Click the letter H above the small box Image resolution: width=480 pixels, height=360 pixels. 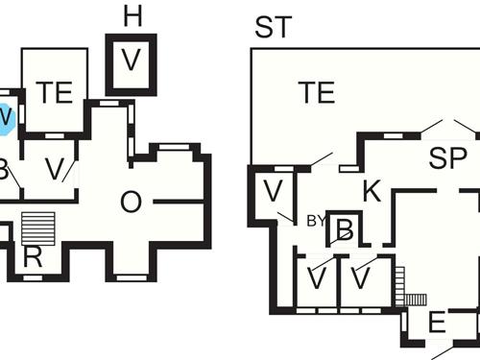pos(132,15)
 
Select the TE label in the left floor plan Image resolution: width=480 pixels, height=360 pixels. pos(55,92)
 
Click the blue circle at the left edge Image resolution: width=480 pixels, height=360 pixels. pos(5,117)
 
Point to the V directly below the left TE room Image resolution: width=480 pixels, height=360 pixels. pos(56,169)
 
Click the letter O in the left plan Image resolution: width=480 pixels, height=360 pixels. pos(131,202)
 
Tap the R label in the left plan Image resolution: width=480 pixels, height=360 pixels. pos(33,256)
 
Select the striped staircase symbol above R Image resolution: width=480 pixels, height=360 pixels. pos(37,228)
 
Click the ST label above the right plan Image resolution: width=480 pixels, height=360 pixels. pos(271,28)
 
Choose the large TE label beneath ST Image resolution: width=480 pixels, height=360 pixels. pos(316,92)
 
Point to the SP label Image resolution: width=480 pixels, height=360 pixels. pos(446,158)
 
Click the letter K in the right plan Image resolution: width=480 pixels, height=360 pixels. pos(372,191)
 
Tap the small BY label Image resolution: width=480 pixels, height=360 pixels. pos(315,220)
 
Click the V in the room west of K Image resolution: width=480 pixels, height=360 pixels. pos(273,190)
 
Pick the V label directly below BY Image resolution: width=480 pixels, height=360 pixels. pos(316,278)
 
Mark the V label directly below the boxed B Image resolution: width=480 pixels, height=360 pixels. pos(360,278)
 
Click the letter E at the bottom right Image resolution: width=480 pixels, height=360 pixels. pos(437,324)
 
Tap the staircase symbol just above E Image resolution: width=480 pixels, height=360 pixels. pos(415,299)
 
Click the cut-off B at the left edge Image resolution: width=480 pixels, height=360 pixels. pos(4,171)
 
